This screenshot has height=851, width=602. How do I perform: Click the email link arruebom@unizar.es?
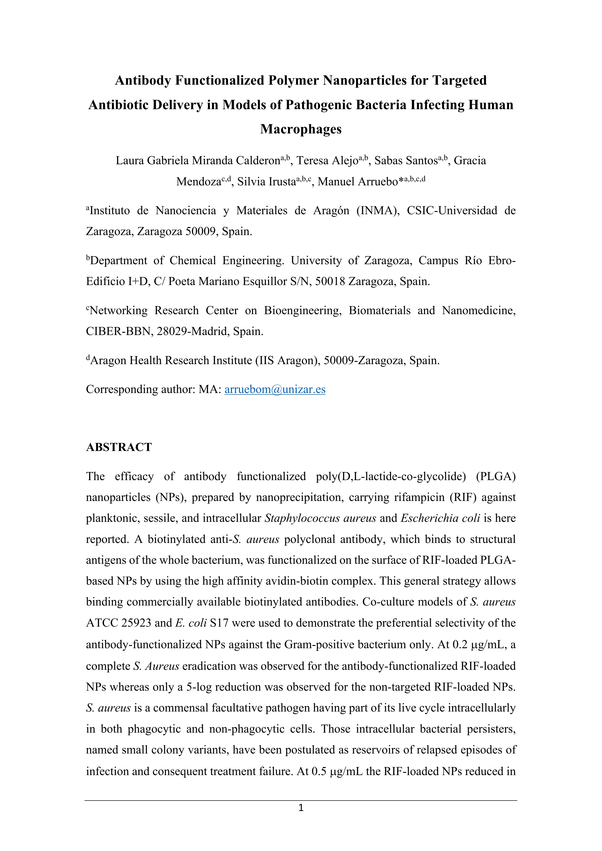275,390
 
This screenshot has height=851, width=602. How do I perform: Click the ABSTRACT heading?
119,447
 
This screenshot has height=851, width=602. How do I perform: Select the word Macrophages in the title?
301,129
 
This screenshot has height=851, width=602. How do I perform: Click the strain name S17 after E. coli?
219,623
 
